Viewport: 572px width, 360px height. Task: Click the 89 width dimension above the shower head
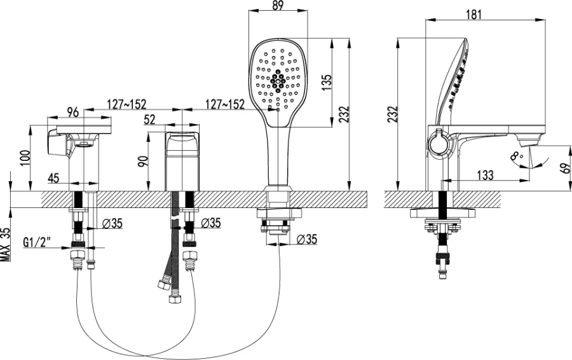277,6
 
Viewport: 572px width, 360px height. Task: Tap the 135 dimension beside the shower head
325,83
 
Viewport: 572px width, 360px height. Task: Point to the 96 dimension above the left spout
73,112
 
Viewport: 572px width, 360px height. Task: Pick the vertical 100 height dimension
24,157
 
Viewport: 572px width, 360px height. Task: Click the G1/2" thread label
38,242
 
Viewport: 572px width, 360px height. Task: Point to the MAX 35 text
5,244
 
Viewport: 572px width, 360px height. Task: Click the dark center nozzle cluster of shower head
277,80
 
